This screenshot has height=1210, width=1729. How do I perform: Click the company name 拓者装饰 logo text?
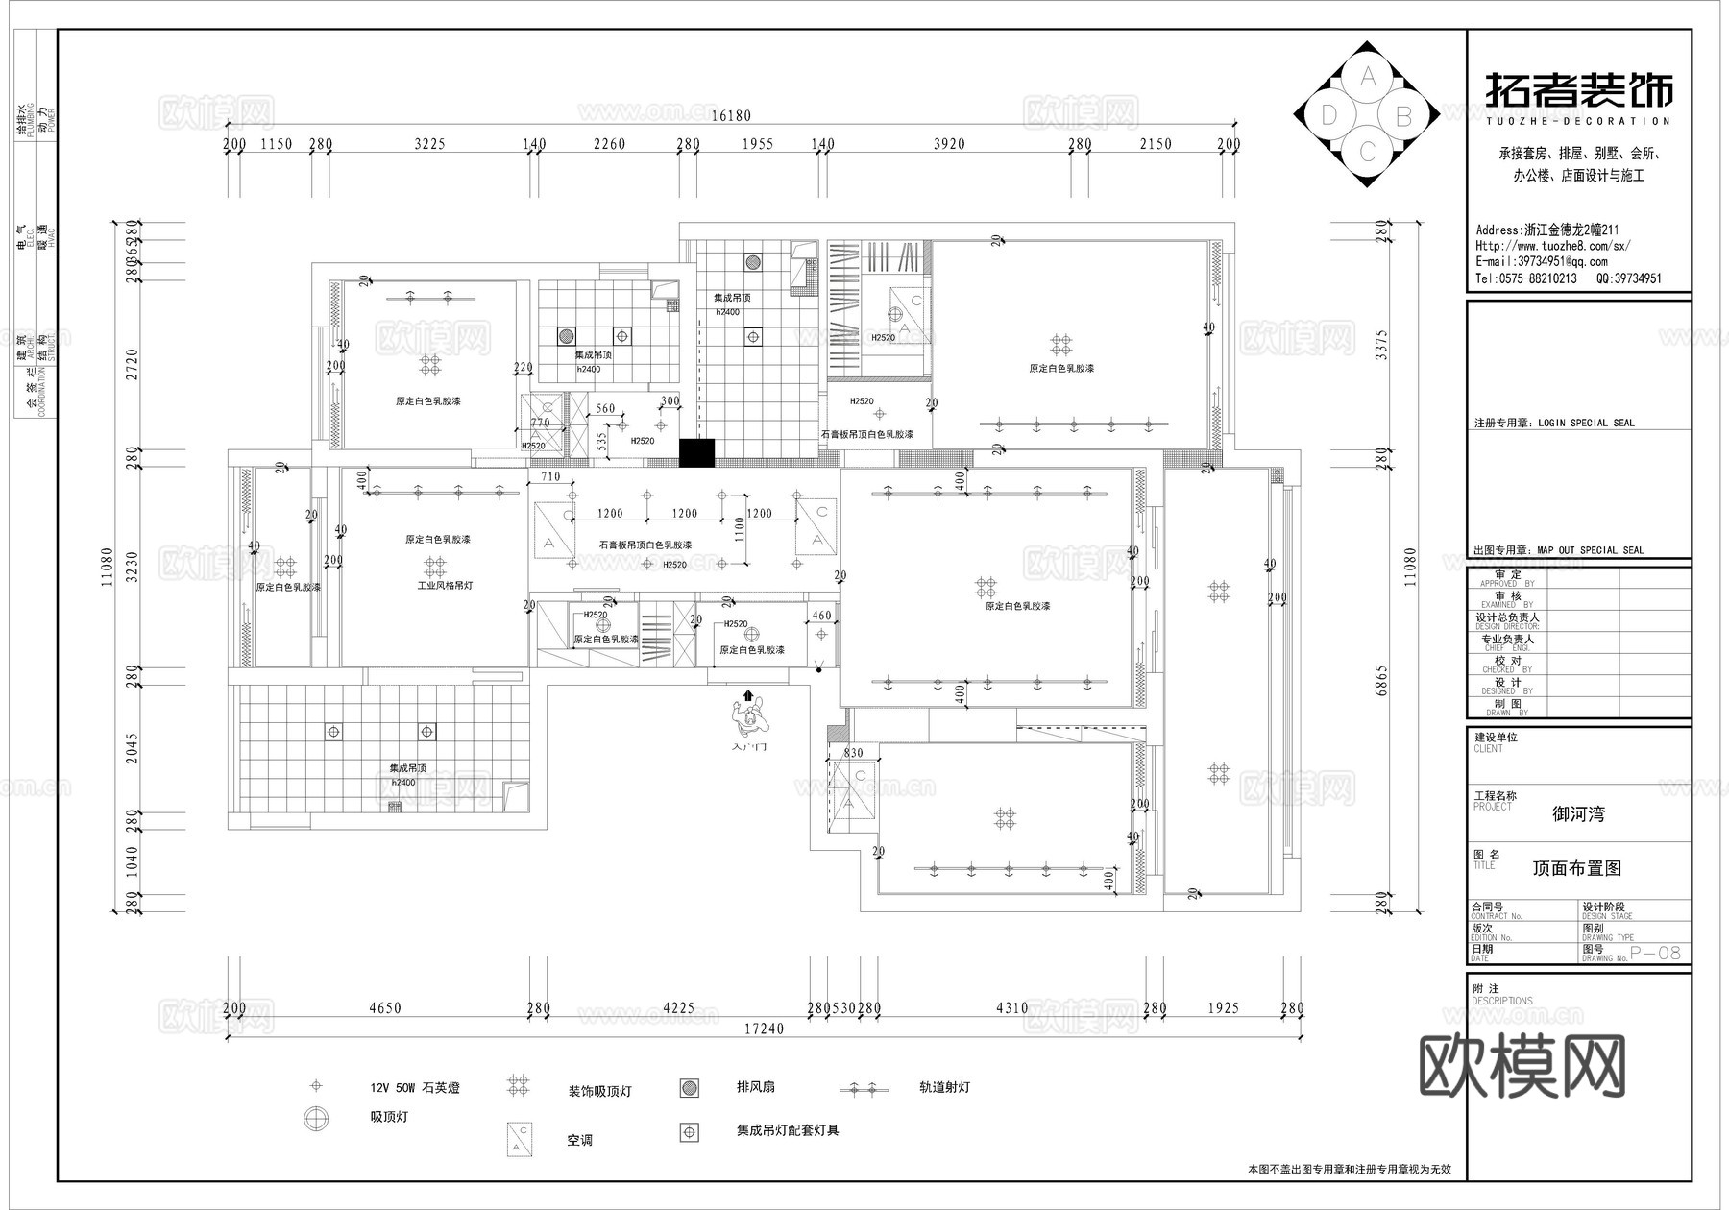[1579, 91]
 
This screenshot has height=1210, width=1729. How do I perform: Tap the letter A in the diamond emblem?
[1369, 74]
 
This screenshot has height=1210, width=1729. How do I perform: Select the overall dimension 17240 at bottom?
[765, 1028]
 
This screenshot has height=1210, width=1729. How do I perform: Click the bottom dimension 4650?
[384, 1008]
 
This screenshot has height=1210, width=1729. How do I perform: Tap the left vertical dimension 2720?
[132, 364]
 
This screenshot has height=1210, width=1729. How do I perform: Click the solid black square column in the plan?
[697, 452]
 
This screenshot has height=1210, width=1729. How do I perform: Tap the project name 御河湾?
[1578, 814]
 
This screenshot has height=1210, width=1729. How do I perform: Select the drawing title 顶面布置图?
[1576, 868]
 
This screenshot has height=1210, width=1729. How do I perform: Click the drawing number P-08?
[1656, 953]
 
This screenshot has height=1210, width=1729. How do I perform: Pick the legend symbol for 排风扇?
[689, 1087]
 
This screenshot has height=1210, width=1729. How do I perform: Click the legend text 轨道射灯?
[943, 1087]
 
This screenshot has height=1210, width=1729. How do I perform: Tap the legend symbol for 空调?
[520, 1139]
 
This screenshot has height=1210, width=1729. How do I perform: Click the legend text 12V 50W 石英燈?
[414, 1088]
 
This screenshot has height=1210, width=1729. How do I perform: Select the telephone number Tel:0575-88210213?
[1526, 278]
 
